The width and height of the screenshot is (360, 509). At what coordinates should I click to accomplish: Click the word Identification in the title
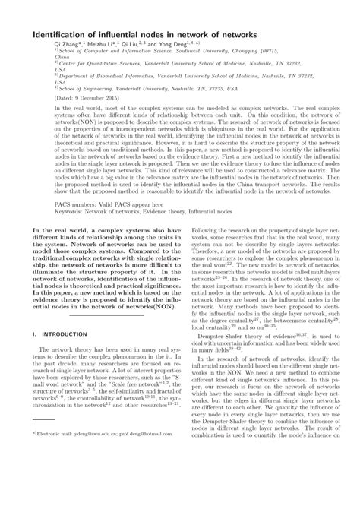click(64, 34)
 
